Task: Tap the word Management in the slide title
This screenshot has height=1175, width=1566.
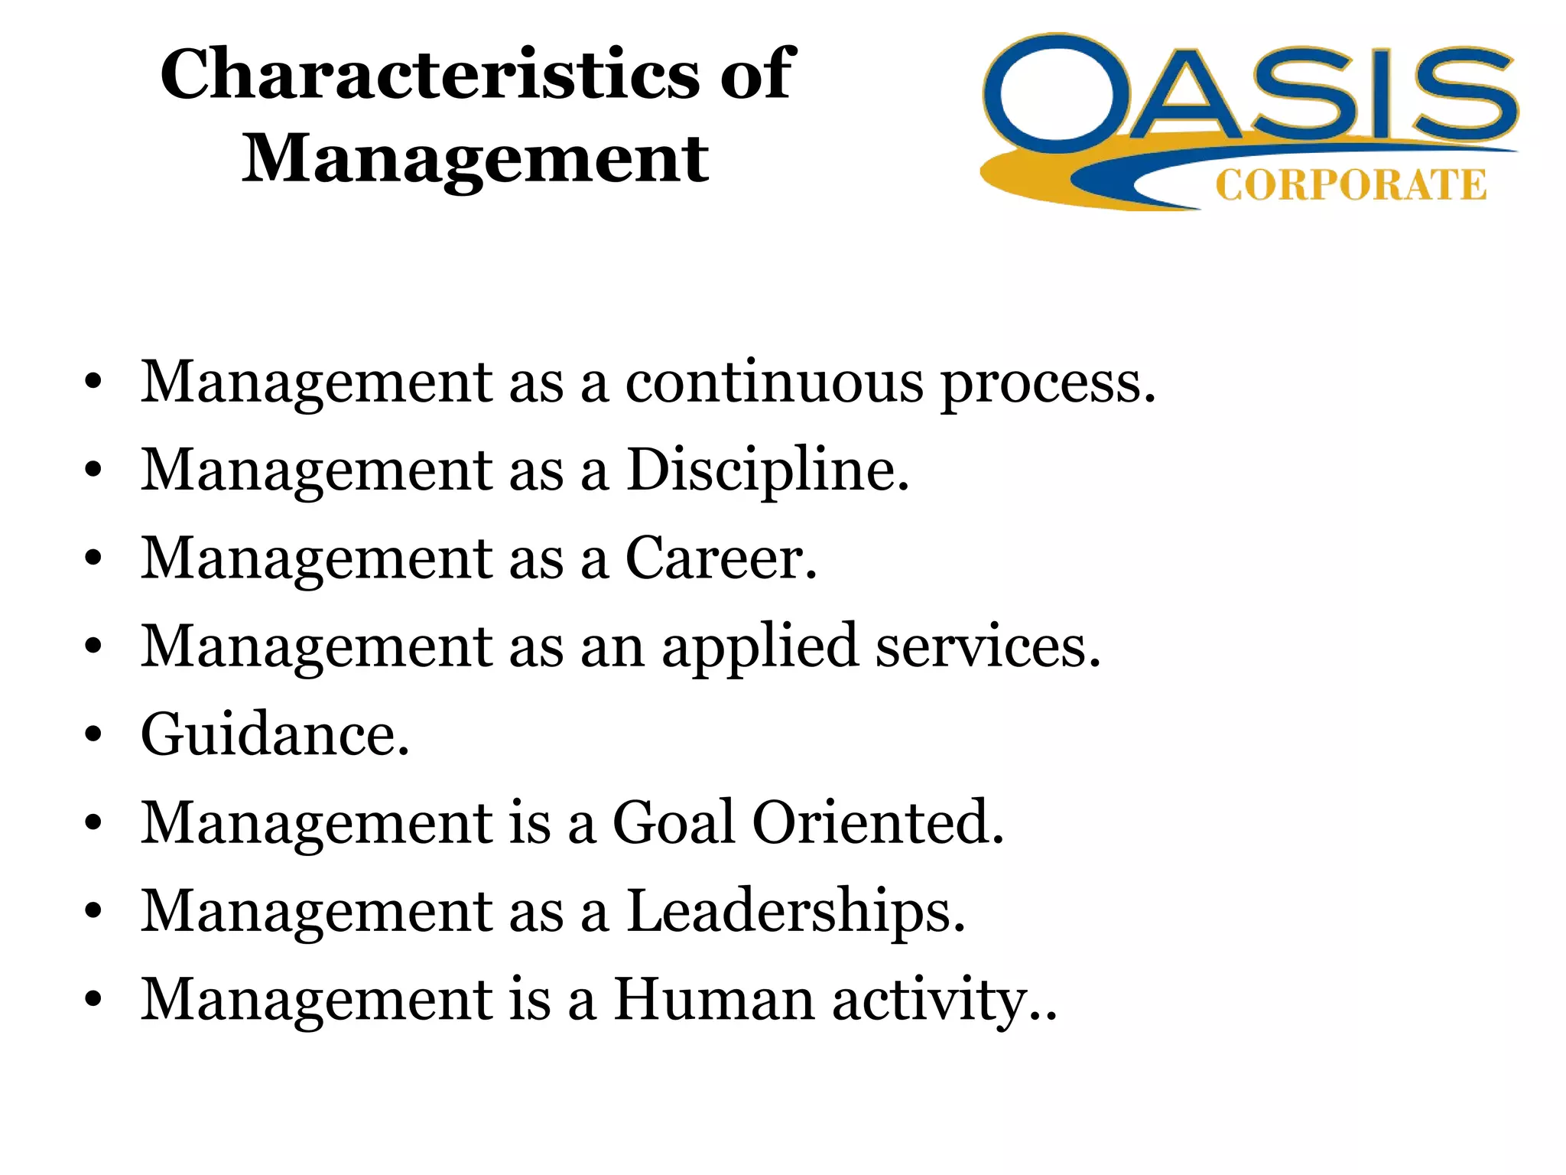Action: pyautogui.click(x=476, y=158)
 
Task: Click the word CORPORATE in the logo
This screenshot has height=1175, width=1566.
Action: pyautogui.click(x=1350, y=186)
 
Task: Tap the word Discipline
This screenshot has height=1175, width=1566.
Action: pyautogui.click(x=768, y=471)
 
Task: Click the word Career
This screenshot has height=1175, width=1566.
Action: pyautogui.click(x=721, y=558)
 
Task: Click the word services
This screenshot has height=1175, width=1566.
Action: pyautogui.click(x=988, y=647)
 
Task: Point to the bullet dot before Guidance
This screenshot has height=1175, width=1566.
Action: pyautogui.click(x=93, y=735)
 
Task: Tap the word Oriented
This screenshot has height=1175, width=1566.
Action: pyautogui.click(x=878, y=823)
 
